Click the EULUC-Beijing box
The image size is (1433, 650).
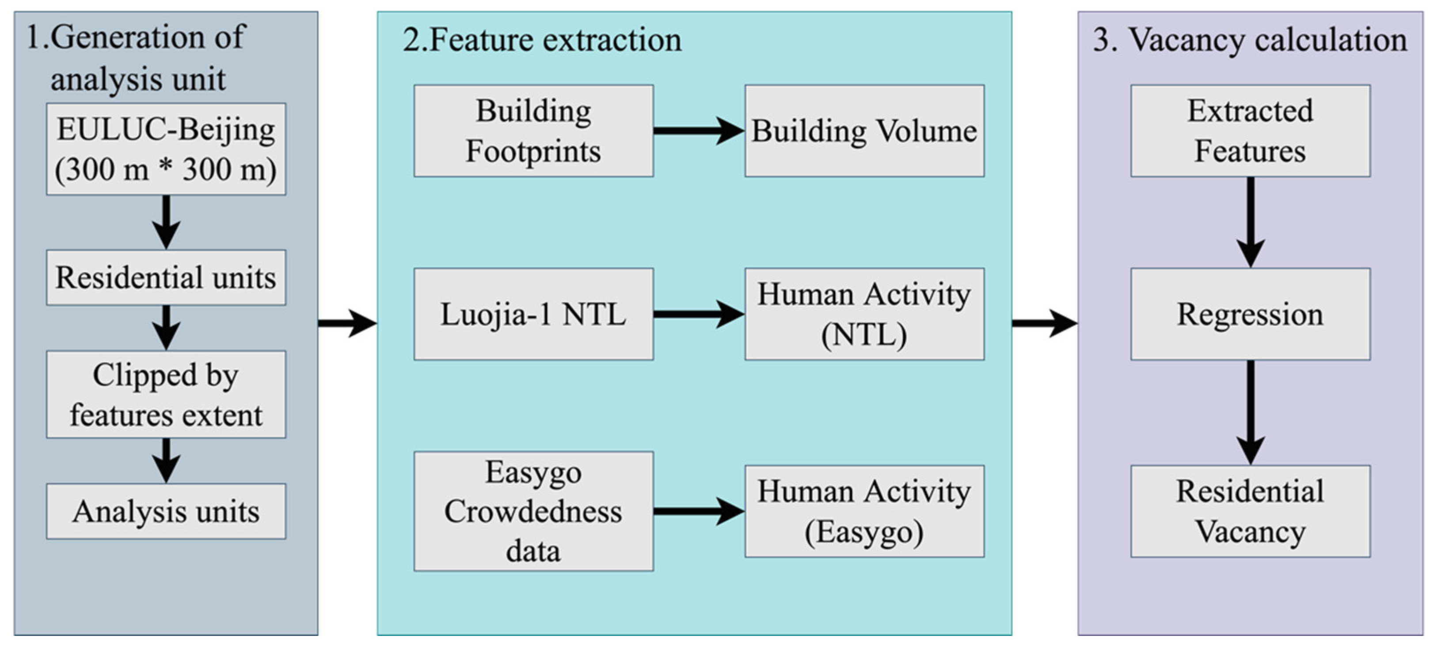[166, 148]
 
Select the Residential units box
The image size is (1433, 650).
[166, 277]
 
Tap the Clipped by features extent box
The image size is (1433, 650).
[166, 394]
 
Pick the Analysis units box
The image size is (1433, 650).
[166, 511]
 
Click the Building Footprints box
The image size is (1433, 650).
[533, 131]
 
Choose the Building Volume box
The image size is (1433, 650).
[864, 131]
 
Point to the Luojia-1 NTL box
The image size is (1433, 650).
[533, 314]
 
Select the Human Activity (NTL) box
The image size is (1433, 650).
[864, 314]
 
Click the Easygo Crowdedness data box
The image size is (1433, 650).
[533, 511]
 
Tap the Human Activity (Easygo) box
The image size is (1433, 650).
[864, 511]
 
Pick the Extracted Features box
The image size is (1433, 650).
[1250, 131]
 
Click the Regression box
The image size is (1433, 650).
[1250, 314]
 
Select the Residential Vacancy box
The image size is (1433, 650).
[1250, 511]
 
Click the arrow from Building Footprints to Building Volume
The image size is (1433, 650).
[698, 131]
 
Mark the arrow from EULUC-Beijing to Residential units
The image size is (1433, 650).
[166, 221]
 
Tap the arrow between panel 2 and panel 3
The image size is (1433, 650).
[1044, 322]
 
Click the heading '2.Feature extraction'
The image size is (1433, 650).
[542, 40]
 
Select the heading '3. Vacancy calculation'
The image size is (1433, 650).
[1250, 40]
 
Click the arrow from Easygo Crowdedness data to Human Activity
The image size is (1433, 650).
[698, 511]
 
